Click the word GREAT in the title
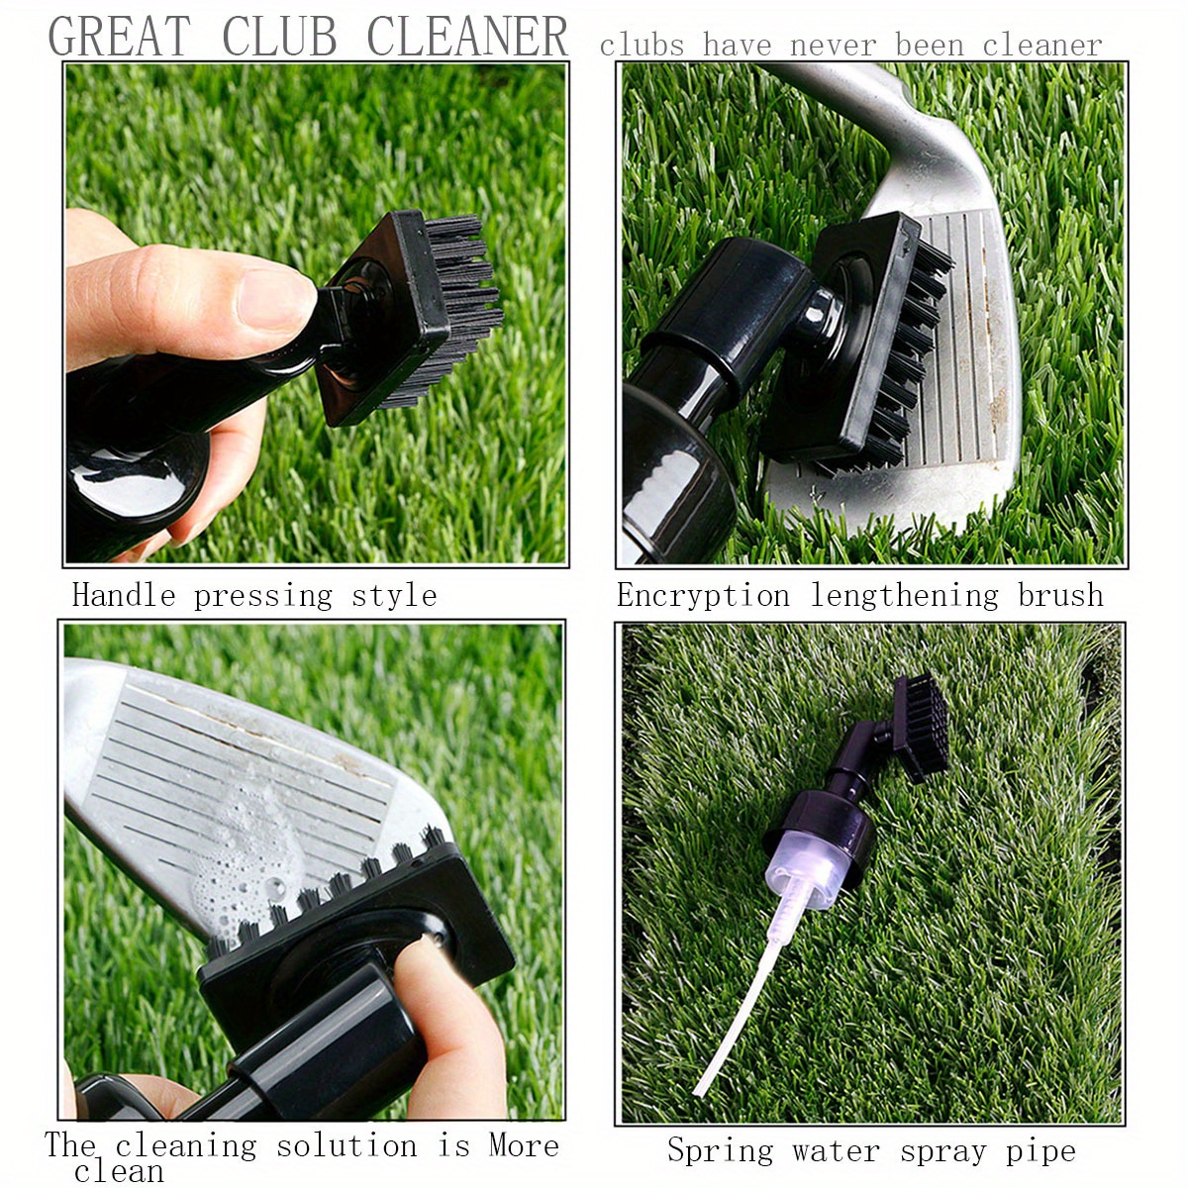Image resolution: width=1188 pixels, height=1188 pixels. (119, 38)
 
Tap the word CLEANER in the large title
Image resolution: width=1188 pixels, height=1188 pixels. (467, 38)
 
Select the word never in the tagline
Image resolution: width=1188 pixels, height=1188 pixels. (834, 46)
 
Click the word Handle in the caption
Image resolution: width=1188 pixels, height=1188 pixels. (124, 595)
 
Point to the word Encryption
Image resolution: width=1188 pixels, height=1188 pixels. (703, 595)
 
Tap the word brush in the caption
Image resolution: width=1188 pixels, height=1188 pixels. (1060, 595)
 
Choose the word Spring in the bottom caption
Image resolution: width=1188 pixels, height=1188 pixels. (720, 1150)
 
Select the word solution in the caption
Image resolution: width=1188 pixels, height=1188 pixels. (346, 1146)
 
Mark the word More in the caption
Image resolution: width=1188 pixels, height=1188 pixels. (524, 1145)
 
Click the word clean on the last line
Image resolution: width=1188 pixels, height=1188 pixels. (119, 1172)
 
